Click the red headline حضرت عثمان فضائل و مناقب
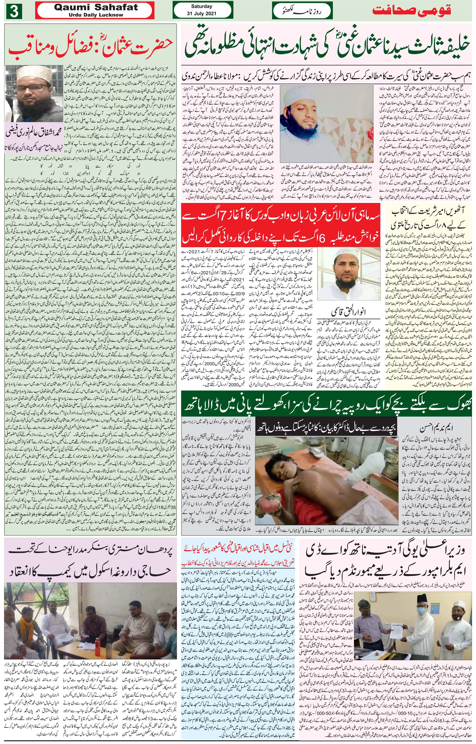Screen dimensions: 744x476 (90, 48)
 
